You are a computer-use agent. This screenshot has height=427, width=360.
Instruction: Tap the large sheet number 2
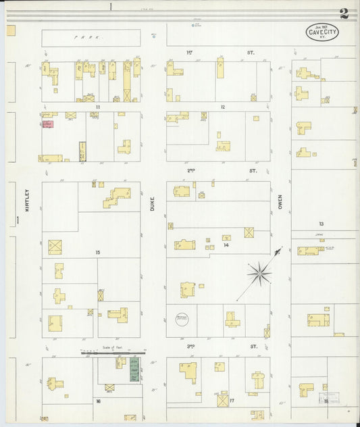[x=345, y=13]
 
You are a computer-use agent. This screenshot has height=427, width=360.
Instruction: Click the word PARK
[x=91, y=38]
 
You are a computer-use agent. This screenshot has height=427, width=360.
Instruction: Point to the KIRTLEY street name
[x=27, y=201]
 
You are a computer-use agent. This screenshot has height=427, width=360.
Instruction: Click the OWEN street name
[x=279, y=201]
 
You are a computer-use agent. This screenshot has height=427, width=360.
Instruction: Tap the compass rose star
[x=259, y=273]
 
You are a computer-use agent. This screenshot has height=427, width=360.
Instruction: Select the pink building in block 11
[x=48, y=124]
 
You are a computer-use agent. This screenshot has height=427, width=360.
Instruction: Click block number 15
[x=98, y=252]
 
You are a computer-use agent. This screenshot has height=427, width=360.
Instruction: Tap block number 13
[x=322, y=223]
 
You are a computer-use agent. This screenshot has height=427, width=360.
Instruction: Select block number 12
[x=222, y=107]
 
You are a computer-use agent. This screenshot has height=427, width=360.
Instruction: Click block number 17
[x=232, y=401]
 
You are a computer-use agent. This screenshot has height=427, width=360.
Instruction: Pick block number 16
[x=98, y=401]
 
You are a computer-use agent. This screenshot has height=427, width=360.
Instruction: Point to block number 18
[x=326, y=401]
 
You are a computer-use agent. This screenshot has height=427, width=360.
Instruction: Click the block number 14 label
[x=226, y=245]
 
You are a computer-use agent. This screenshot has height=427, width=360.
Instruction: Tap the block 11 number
[x=98, y=107]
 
